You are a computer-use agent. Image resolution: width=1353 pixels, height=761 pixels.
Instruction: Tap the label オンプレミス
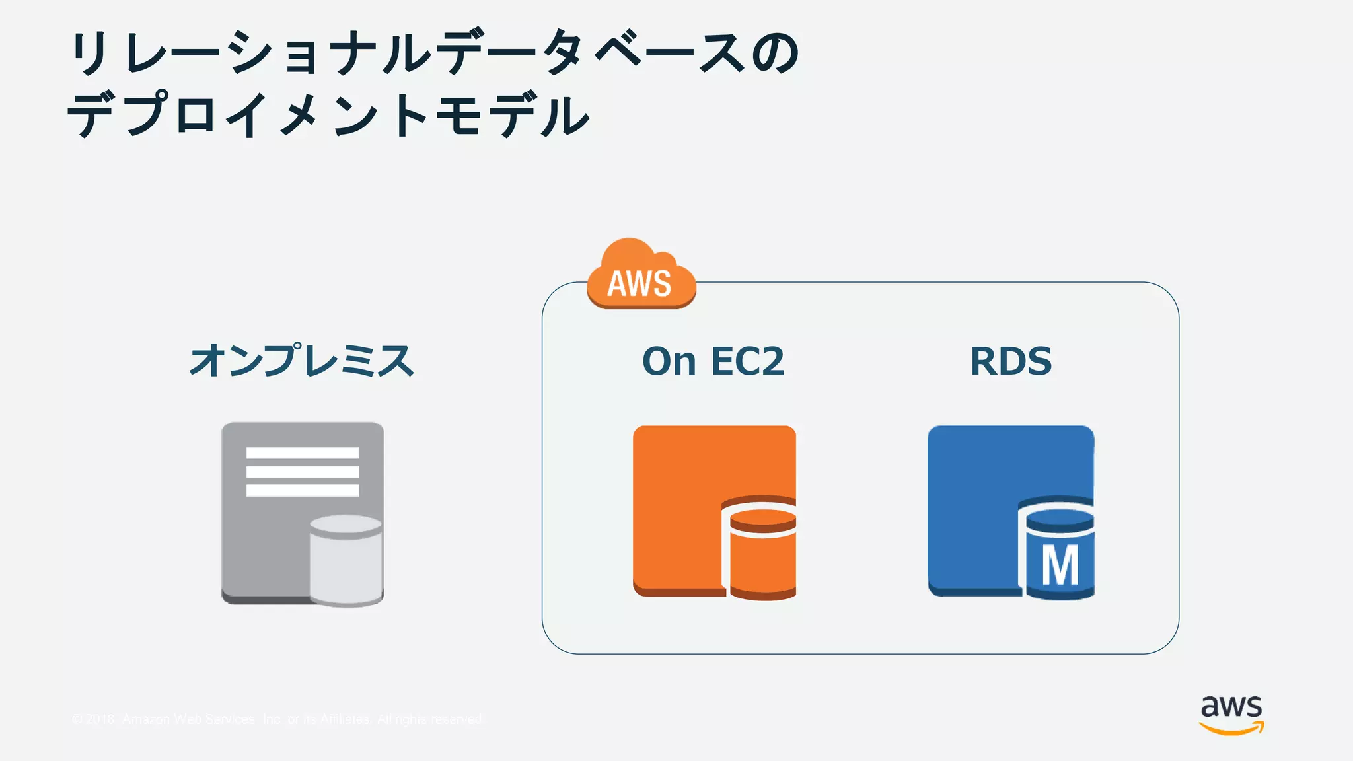(302, 361)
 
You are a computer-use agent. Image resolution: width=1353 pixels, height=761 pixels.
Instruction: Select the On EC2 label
(713, 361)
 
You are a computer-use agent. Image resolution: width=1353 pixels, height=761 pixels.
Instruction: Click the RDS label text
(1010, 361)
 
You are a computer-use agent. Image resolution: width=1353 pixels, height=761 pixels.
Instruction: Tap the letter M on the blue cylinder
(1060, 565)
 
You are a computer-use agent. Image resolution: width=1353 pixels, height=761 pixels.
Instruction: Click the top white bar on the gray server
(303, 453)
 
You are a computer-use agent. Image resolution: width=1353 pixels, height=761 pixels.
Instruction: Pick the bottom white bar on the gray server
(303, 490)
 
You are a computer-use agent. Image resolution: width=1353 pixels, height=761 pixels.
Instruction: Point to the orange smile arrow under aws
(1231, 728)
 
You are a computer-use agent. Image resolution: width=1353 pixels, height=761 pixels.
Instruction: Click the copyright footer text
(277, 719)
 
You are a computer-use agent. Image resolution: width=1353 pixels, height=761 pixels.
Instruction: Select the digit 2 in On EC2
(770, 361)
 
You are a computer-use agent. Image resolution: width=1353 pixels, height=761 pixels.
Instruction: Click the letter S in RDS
(1037, 361)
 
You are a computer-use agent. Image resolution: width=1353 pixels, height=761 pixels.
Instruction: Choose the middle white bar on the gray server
(303, 472)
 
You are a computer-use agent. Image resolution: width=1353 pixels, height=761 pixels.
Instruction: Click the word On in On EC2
(669, 361)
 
